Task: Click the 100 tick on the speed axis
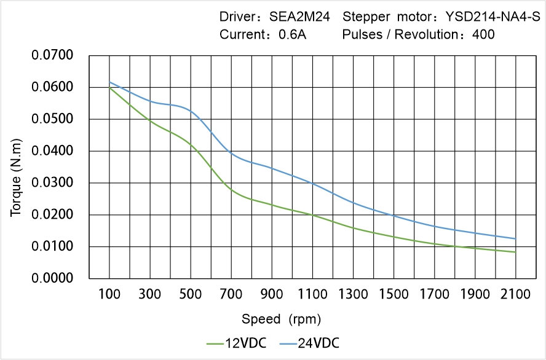coord(109,294)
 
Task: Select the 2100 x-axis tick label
coord(515,294)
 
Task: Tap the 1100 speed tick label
coord(312,294)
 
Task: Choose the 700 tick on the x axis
coord(231,294)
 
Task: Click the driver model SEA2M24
coord(300,17)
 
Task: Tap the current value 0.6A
coord(293,34)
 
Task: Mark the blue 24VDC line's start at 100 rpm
coord(109,82)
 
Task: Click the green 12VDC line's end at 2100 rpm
coord(515,252)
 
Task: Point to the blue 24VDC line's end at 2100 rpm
coord(515,239)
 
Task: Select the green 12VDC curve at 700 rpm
coord(231,190)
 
